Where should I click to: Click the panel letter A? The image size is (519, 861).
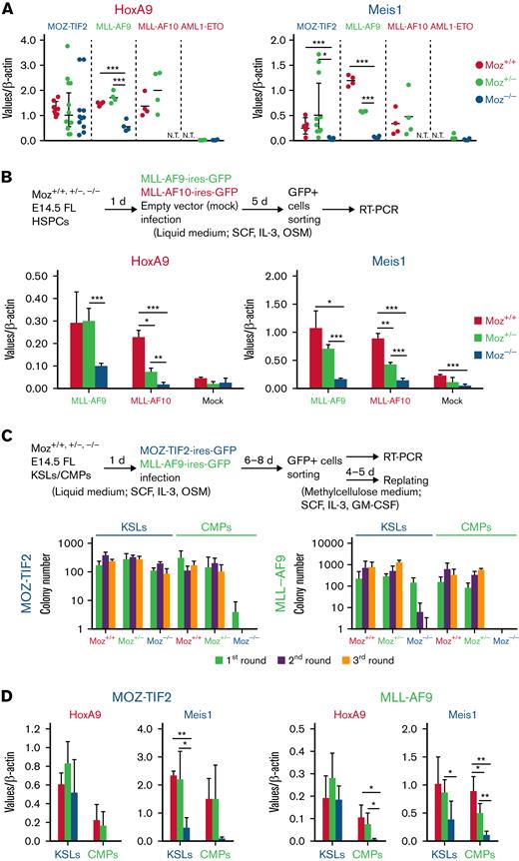[8, 9]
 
